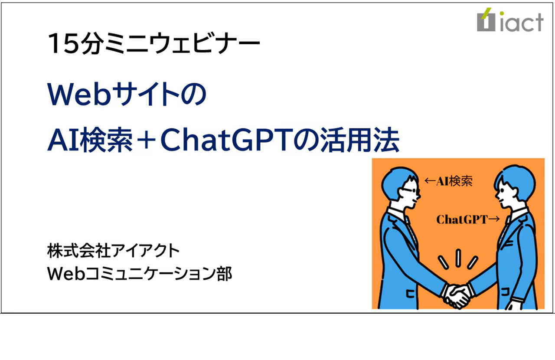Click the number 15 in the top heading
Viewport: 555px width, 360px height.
coord(59,44)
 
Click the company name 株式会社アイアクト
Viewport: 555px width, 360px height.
coord(113,251)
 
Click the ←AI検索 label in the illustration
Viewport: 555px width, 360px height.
coord(448,181)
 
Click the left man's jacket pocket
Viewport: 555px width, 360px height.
coord(409,294)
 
